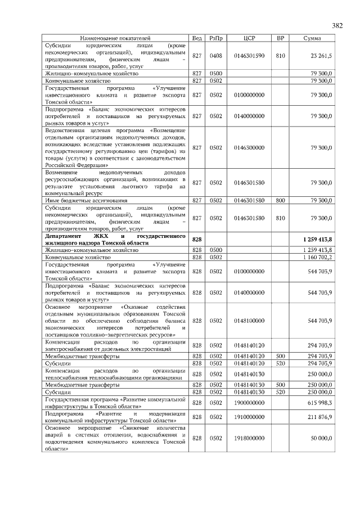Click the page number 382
[337, 25]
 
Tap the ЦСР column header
[250, 38]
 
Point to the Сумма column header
[312, 38]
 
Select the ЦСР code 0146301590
[250, 56]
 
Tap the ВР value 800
[280, 200]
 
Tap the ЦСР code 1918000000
[250, 437]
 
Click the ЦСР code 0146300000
[250, 148]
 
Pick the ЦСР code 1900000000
[250, 403]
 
